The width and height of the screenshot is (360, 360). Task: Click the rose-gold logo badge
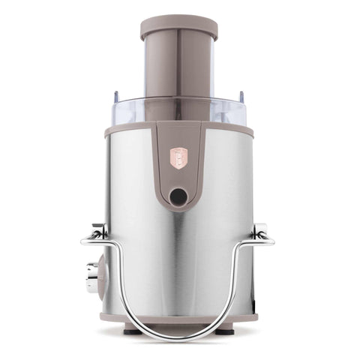[x=178, y=157]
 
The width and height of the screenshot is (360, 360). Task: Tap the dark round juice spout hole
[x=178, y=196]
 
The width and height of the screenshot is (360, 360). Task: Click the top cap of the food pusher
[x=178, y=27]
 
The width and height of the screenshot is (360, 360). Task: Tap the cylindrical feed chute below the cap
[x=178, y=67]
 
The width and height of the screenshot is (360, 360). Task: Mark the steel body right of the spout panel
[x=229, y=195]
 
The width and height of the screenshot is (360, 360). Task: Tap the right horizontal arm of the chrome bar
[x=265, y=241]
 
